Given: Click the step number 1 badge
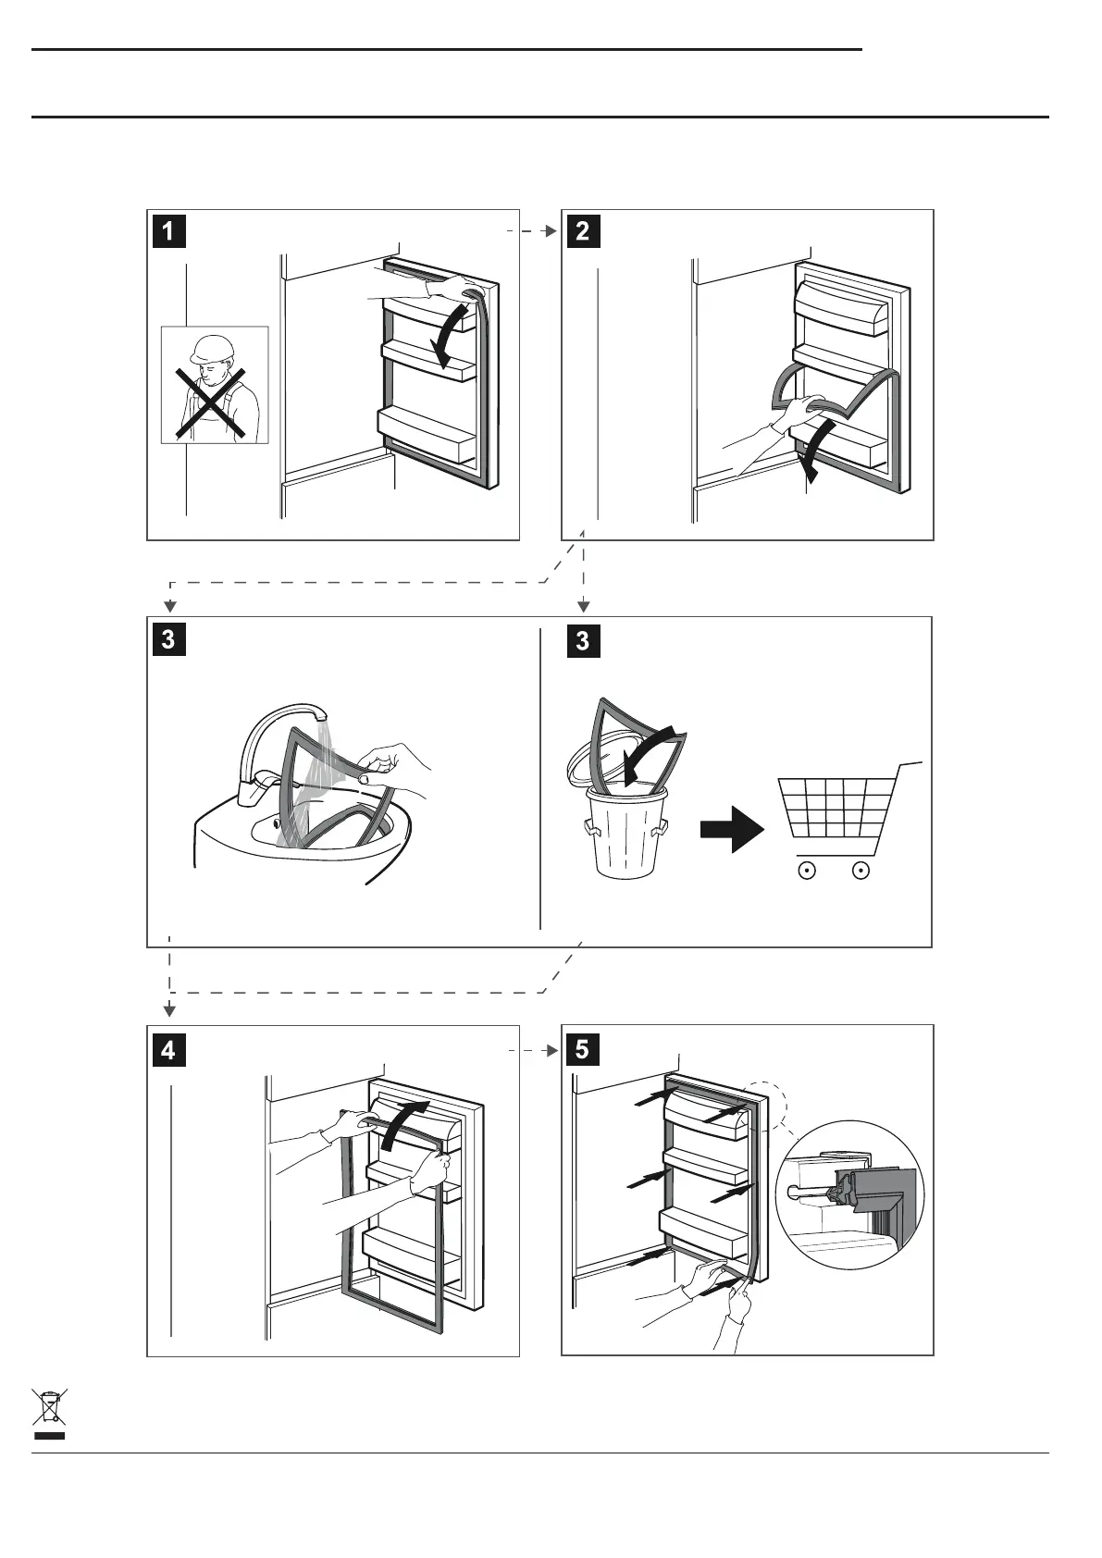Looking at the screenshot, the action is tap(168, 230).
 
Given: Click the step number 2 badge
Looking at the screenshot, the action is tap(582, 230).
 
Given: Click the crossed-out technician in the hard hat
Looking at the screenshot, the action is tap(214, 386).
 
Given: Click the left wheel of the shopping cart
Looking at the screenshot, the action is tap(806, 871).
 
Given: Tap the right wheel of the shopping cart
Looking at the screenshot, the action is tap(861, 871).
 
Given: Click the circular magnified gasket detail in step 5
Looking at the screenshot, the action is tap(849, 1194).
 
